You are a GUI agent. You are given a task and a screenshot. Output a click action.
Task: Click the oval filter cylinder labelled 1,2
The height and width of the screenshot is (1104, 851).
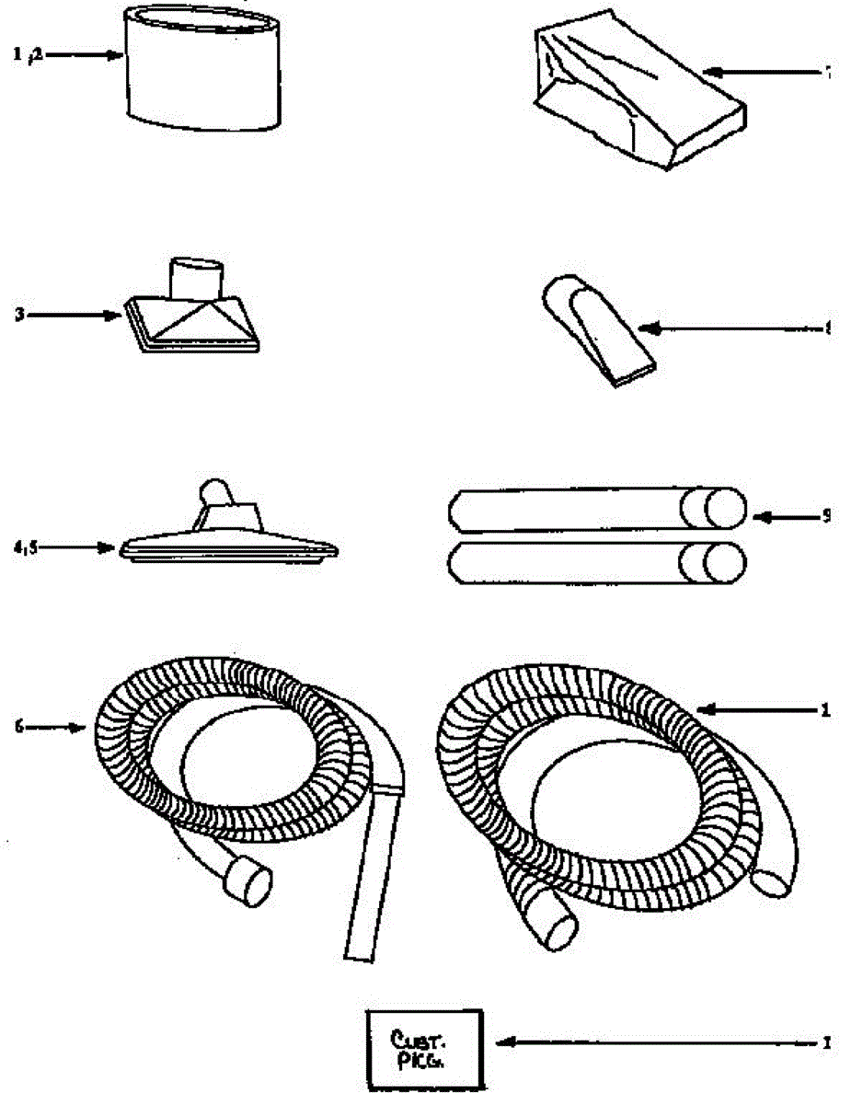coord(203,69)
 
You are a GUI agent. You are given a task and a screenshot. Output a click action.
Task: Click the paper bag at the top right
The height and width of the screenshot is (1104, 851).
coord(635,92)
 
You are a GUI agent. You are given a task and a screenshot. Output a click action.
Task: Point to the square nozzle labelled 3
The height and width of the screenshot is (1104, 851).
coord(193,317)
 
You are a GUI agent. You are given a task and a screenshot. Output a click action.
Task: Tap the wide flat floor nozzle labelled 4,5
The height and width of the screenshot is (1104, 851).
coord(230,538)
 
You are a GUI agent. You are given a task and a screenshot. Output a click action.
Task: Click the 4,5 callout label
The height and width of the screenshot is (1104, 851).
coord(19,546)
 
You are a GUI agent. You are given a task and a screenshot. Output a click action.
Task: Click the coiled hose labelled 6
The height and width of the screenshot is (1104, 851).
coord(230,754)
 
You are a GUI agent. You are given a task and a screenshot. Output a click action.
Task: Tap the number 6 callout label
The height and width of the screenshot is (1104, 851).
coord(17,727)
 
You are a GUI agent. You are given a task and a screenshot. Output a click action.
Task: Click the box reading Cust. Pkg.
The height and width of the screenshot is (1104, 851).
coord(424,1050)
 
